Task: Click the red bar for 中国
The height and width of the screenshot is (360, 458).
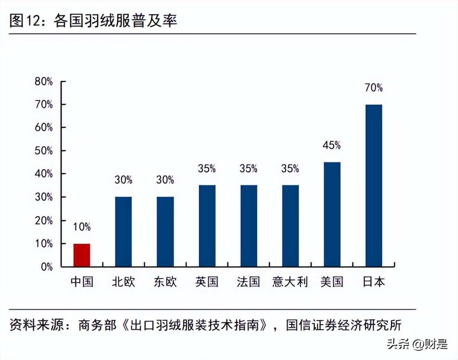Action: (82, 255)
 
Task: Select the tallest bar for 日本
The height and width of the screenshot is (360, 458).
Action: (373, 186)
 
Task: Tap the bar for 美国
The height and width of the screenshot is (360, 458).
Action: (332, 214)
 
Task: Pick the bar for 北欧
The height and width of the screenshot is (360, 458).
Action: (123, 232)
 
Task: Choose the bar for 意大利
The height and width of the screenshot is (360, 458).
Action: (290, 226)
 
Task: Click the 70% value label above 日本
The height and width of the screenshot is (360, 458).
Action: (373, 88)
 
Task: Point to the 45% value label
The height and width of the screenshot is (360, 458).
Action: (331, 145)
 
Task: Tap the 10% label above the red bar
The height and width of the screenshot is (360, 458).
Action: (82, 227)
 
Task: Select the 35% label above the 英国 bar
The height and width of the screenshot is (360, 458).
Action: (207, 168)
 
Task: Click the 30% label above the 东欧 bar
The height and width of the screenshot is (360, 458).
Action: (165, 180)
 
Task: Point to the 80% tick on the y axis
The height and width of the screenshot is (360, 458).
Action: (44, 81)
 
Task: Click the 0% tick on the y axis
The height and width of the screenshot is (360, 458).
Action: (47, 267)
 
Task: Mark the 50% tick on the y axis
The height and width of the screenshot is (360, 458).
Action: (44, 151)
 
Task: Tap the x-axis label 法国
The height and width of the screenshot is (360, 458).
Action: (248, 282)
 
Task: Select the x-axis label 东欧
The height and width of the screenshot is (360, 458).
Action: (165, 282)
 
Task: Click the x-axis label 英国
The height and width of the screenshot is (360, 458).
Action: (207, 282)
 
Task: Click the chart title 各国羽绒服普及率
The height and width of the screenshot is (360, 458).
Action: (115, 20)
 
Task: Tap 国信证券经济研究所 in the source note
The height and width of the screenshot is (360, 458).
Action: (344, 325)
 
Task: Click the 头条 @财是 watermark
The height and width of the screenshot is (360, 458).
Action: (417, 344)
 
